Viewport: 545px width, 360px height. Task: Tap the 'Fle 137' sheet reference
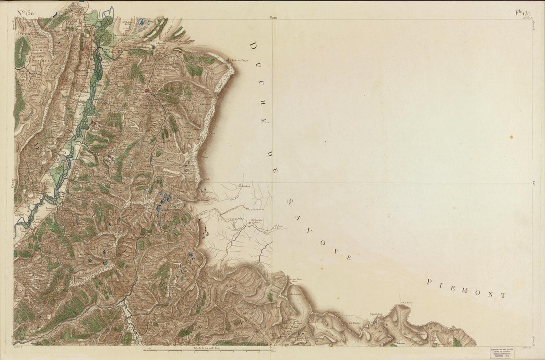pyautogui.click(x=523, y=13)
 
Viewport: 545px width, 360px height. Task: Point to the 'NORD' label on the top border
pyautogui.click(x=273, y=17)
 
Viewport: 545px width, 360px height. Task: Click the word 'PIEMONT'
pyautogui.click(x=466, y=288)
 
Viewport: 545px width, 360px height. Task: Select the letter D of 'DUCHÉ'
pyautogui.click(x=252, y=46)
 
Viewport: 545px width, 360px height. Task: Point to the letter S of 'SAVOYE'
pyautogui.click(x=289, y=202)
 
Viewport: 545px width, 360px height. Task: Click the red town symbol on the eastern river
pyautogui.click(x=147, y=90)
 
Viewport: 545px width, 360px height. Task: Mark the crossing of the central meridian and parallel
pyautogui.click(x=272, y=183)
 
